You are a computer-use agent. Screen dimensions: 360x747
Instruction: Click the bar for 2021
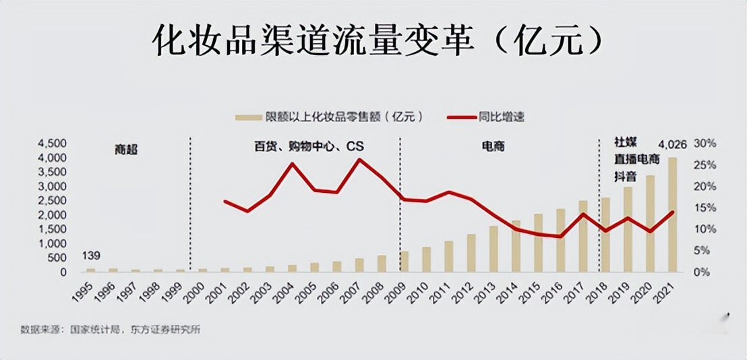coord(672,215)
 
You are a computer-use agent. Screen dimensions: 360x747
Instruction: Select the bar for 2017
coord(583,237)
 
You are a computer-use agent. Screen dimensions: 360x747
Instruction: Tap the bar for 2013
coord(494,249)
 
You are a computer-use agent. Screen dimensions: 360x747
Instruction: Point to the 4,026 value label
coord(672,144)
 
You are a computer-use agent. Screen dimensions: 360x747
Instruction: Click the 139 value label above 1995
coord(91,256)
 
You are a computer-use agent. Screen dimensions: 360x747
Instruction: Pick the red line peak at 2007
coord(359,160)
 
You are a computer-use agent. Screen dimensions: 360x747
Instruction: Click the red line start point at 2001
coord(225,202)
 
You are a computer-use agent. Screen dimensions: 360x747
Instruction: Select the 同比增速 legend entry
coord(485,117)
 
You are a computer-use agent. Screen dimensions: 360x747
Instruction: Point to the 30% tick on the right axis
coord(705,144)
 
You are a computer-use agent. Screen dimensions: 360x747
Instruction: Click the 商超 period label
coord(126,150)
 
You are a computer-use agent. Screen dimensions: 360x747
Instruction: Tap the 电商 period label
coord(493,146)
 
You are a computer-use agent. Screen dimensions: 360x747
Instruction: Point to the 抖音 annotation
coord(624,177)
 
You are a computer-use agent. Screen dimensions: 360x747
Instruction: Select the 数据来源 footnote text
coord(111,330)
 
